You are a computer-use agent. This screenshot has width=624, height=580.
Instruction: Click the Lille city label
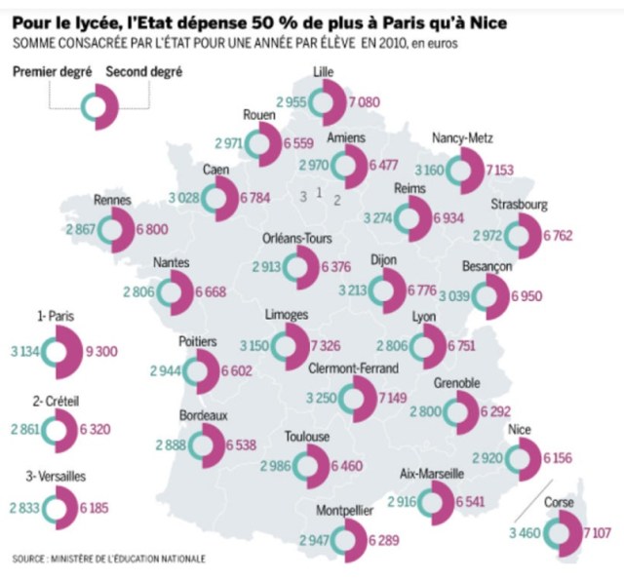[323, 73]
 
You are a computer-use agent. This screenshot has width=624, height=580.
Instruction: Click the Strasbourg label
[521, 205]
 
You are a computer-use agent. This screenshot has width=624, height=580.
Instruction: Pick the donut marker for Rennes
[114, 230]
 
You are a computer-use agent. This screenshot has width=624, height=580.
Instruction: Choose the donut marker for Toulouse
[309, 466]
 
